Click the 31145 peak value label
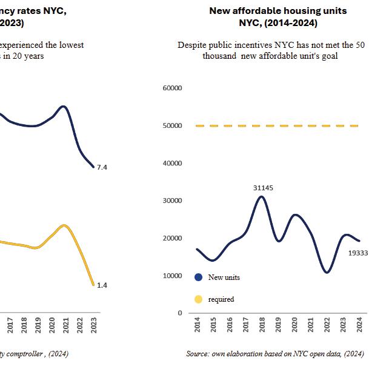[x=263, y=188]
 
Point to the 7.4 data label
[x=102, y=167]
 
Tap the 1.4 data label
[x=102, y=285]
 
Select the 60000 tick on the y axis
[x=173, y=88]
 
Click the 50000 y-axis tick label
[x=173, y=126]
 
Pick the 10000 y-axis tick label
[x=173, y=276]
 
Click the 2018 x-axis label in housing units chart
[x=262, y=326]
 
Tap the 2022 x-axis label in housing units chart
[x=327, y=326]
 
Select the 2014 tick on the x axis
[x=197, y=326]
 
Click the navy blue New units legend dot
[x=198, y=278]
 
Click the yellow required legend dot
[x=198, y=299]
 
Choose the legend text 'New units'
[x=224, y=278]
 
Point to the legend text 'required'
[x=221, y=299]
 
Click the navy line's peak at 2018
[x=261, y=196]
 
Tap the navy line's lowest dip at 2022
[x=327, y=272]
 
